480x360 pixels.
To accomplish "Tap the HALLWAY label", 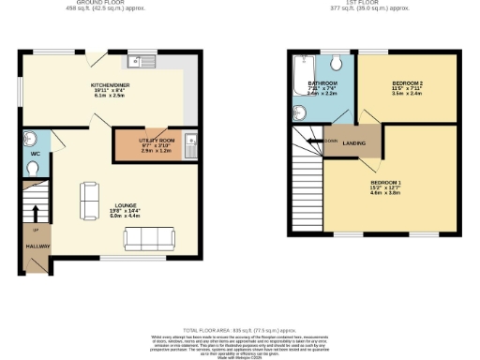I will (x=37, y=247).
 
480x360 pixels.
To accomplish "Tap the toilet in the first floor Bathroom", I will (x=337, y=64).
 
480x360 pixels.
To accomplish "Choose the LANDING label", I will (x=354, y=142).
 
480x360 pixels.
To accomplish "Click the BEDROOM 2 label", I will (x=407, y=84).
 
